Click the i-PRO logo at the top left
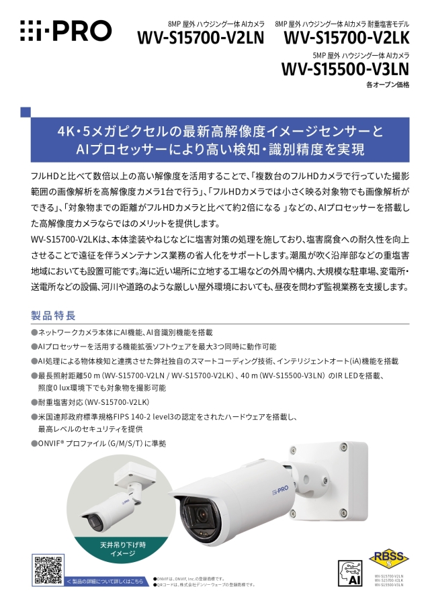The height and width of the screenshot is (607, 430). tap(65, 30)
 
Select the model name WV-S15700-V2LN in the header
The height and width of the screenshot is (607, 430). tap(200, 39)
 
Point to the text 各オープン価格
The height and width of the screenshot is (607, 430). tap(387, 85)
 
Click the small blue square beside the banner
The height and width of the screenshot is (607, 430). tap(26, 111)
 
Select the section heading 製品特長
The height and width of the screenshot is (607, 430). tap(53, 315)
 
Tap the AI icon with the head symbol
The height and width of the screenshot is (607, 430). tap(350, 572)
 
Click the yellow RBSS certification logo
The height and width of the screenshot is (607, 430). tap(386, 559)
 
